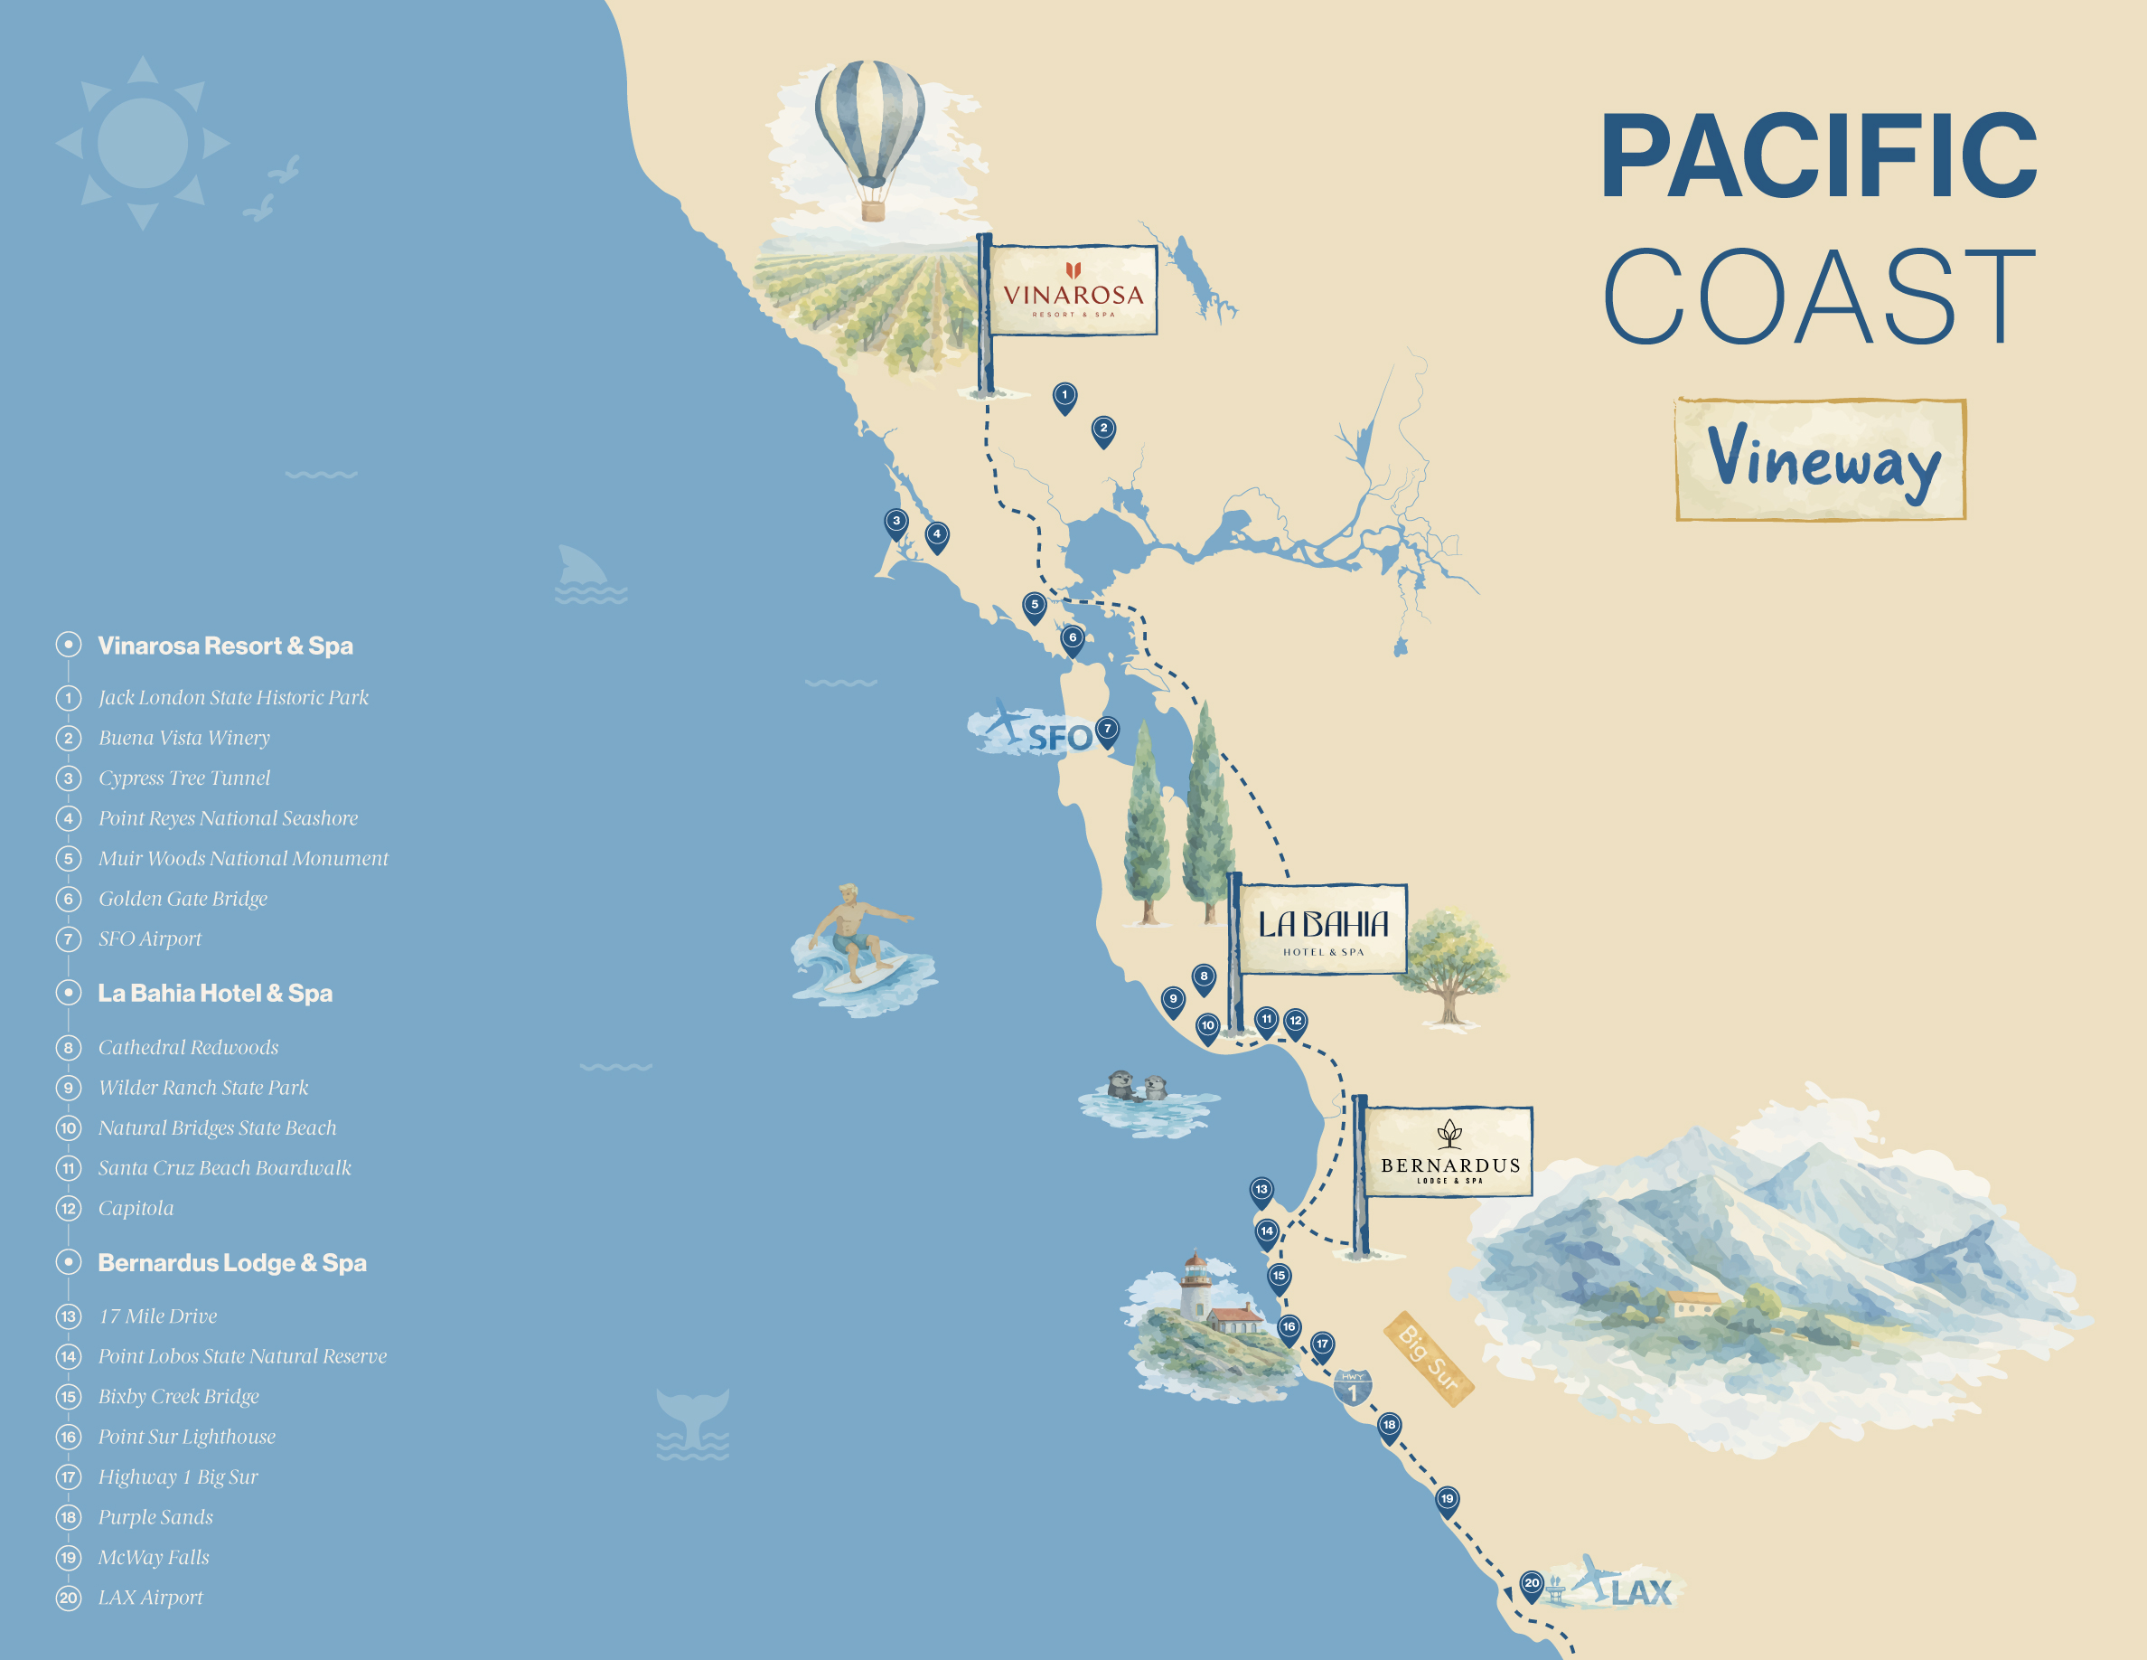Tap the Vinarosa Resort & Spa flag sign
(1072, 291)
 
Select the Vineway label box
(1820, 459)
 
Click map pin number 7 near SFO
(1107, 730)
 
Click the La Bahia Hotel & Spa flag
(1322, 929)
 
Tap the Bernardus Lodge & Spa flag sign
(1448, 1152)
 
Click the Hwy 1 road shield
(1353, 1388)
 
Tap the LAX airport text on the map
(1640, 1592)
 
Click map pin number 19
(1446, 1500)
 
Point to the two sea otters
(1137, 1087)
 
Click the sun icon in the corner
(143, 144)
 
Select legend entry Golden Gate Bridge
(183, 899)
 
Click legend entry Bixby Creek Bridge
(179, 1397)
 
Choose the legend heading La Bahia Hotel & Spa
(214, 994)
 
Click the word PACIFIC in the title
(1819, 157)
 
